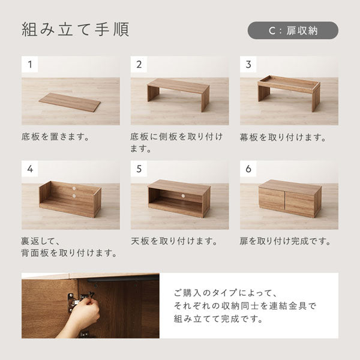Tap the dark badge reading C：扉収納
click(x=293, y=30)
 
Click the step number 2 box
click(x=139, y=64)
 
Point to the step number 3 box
click(x=248, y=64)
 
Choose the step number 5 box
click(x=139, y=169)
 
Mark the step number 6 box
click(x=248, y=169)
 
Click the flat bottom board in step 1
click(x=70, y=102)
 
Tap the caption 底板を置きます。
click(x=55, y=137)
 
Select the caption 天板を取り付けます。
click(x=174, y=241)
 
